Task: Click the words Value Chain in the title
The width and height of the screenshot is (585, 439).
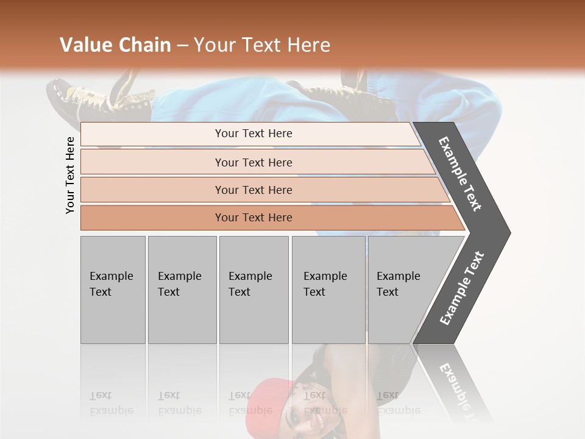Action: [x=115, y=45]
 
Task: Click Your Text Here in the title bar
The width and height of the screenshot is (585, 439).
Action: [x=262, y=45]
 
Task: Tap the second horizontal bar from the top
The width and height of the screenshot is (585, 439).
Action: [x=253, y=162]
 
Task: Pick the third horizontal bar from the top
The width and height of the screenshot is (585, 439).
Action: [x=253, y=190]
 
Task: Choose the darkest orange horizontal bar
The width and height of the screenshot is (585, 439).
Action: [x=253, y=218]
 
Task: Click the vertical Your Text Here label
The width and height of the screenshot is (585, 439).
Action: [x=70, y=175]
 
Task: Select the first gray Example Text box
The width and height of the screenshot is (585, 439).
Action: [x=113, y=290]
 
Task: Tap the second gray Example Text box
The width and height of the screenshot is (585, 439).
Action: [x=182, y=290]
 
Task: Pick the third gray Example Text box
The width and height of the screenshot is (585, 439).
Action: [x=253, y=290]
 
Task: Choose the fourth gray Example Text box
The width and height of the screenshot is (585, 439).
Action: [x=328, y=290]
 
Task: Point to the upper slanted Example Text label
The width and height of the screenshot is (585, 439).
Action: [x=460, y=174]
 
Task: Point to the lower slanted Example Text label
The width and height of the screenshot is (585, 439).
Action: [x=462, y=288]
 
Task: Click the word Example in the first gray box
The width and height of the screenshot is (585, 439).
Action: [x=111, y=276]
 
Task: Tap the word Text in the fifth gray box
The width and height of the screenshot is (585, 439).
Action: [x=387, y=291]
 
